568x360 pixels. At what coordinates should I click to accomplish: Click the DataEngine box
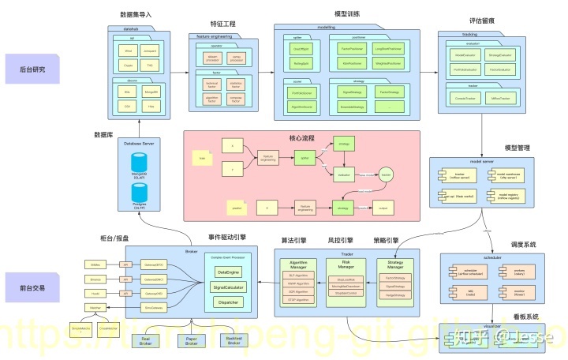tap(227, 272)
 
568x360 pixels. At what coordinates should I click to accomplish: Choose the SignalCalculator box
tap(227, 287)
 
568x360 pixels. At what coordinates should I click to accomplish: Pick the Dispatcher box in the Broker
tap(227, 302)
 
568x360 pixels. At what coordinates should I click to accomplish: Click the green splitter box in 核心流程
tap(304, 159)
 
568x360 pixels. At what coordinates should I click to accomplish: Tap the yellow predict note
tap(237, 208)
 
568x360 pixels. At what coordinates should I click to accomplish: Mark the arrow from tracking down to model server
tap(482, 134)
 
